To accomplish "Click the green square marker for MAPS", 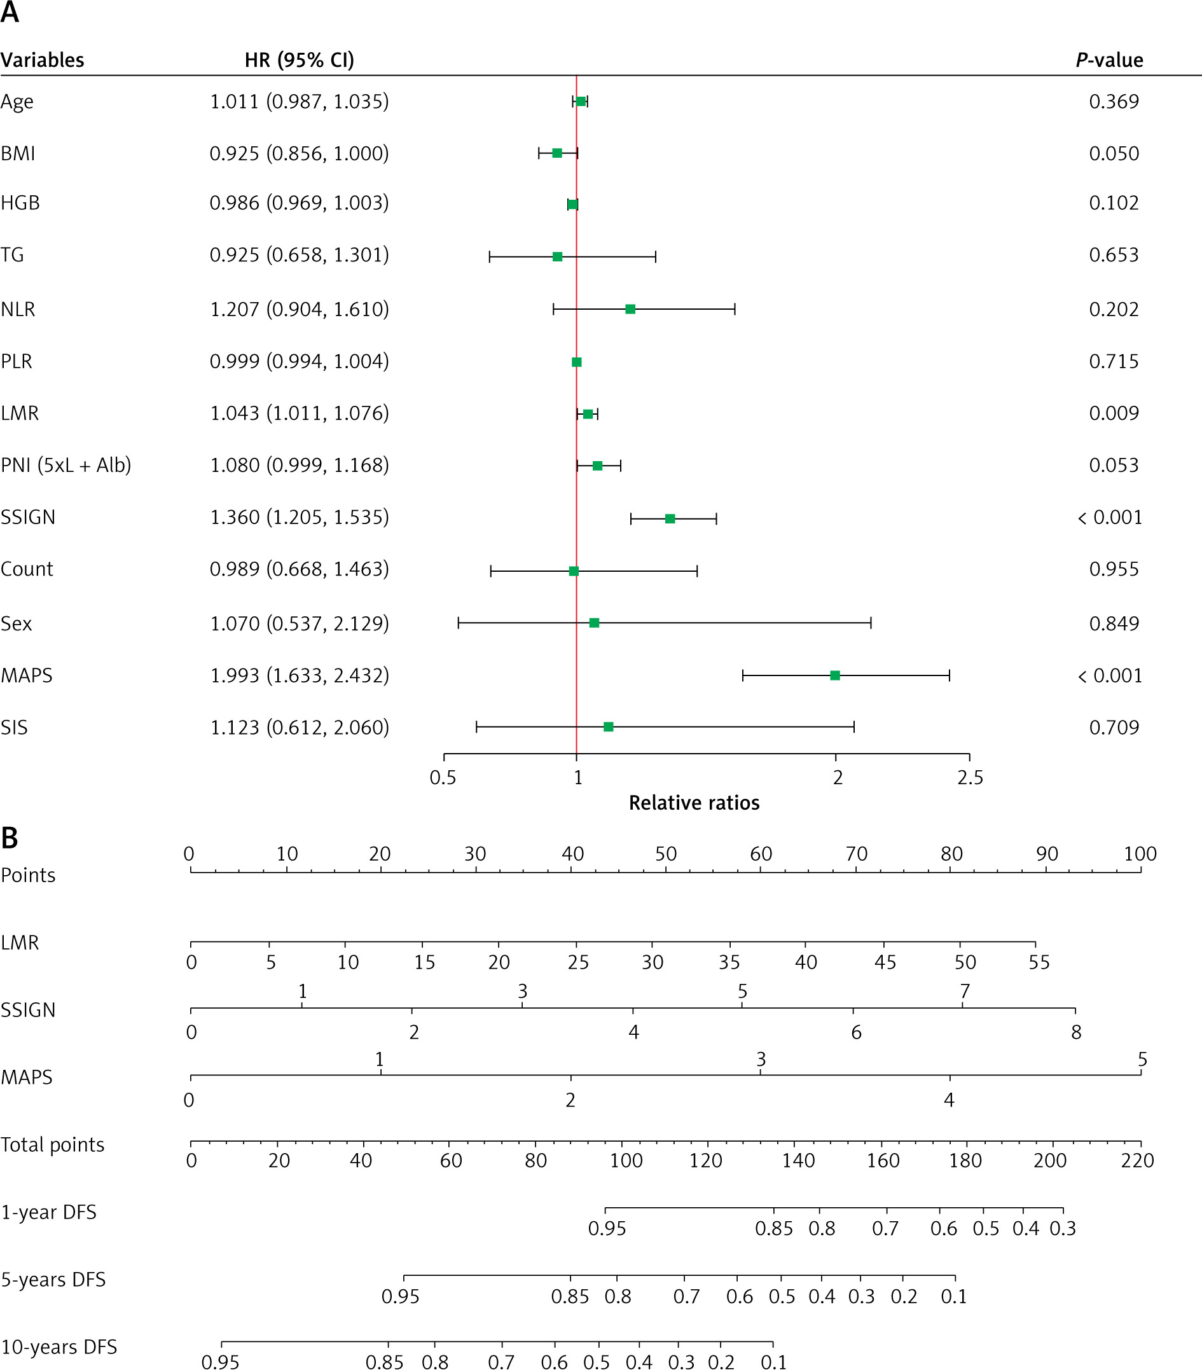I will tap(834, 675).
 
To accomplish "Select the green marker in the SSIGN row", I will tap(670, 519).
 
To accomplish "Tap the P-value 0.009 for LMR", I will tap(1114, 413).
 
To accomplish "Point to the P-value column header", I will tap(1110, 60).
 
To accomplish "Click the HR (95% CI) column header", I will tap(299, 60).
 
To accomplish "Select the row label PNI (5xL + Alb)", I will tap(66, 465).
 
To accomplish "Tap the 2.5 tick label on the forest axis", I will tap(970, 778).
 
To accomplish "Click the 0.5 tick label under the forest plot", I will tap(443, 778).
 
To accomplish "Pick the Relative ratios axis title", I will tap(694, 803).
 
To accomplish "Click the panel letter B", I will tap(10, 838).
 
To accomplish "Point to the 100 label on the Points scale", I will tap(1140, 854).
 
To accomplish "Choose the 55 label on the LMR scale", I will tap(1039, 962).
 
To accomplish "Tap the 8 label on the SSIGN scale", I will tap(1076, 1032).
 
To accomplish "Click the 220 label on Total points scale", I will tap(1138, 1161).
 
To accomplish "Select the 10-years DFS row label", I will tap(59, 1347).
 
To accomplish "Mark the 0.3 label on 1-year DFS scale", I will tap(1063, 1229).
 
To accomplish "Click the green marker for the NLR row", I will tap(630, 309).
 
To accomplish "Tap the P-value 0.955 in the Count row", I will tap(1114, 569).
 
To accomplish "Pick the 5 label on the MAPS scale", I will tap(1142, 1060).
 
